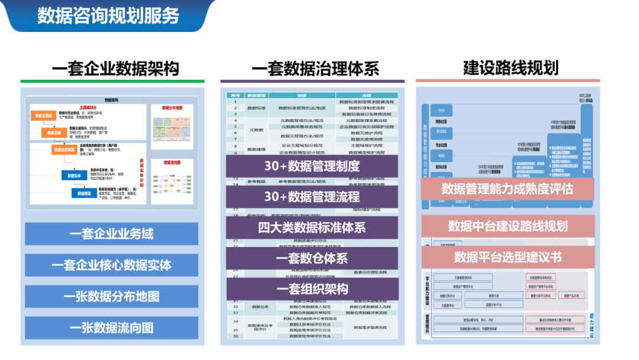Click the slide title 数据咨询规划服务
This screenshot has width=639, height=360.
[x=108, y=15]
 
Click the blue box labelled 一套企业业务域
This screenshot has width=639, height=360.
[x=111, y=234]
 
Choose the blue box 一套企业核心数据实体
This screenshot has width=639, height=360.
[x=111, y=265]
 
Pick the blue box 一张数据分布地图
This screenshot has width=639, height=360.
[x=111, y=297]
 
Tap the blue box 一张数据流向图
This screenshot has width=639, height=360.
[x=111, y=328]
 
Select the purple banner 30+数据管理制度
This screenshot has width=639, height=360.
[x=312, y=166]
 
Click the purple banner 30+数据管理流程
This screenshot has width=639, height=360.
[x=312, y=197]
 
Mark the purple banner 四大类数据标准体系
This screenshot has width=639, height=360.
[x=312, y=227]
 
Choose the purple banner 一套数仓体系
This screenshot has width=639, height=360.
[x=312, y=258]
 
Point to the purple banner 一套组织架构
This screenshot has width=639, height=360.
[x=312, y=289]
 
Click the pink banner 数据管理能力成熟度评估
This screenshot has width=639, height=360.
[x=507, y=189]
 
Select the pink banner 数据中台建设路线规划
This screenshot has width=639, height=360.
[x=508, y=226]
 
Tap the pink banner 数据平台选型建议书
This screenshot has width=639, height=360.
[x=508, y=257]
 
